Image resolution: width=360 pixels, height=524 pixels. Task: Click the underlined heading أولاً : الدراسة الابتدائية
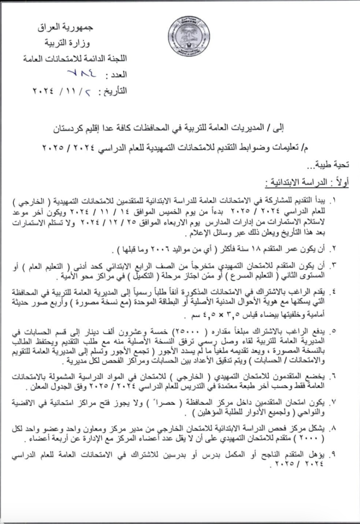tap(302, 183)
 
